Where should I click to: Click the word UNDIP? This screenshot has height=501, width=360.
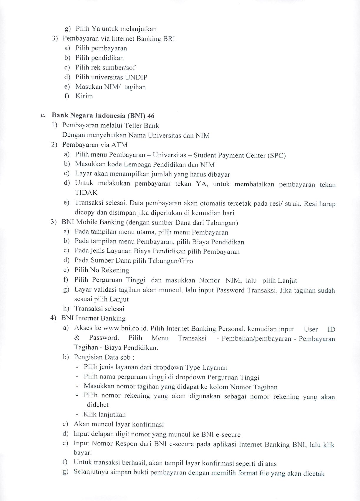click(x=136, y=77)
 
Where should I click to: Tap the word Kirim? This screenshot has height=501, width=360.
click(x=84, y=96)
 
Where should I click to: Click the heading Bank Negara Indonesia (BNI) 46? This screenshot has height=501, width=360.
click(x=103, y=115)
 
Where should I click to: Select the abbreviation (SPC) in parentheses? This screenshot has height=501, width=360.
click(x=276, y=155)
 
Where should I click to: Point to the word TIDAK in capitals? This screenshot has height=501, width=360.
click(x=86, y=193)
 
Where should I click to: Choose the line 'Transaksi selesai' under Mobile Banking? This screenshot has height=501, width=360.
click(x=99, y=308)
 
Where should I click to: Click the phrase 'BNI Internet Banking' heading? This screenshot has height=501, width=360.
click(x=93, y=318)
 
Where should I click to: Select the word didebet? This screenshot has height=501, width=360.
click(x=98, y=405)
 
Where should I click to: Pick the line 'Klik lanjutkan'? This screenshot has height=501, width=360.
click(x=105, y=414)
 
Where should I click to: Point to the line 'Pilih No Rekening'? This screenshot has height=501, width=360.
click(x=102, y=270)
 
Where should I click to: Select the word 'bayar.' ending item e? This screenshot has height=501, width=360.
click(x=83, y=453)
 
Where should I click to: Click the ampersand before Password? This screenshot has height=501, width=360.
click(x=77, y=338)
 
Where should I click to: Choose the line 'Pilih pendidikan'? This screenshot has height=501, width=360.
click(x=99, y=58)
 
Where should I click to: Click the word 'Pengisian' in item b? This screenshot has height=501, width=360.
click(x=87, y=357)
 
